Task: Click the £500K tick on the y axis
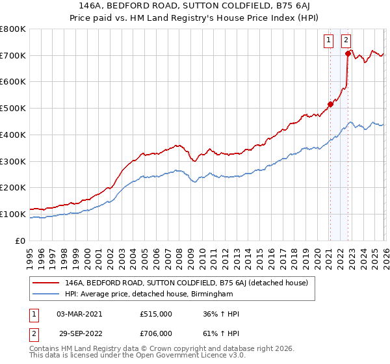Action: point(13,108)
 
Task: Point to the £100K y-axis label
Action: point(13,214)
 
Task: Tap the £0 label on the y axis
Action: point(19,240)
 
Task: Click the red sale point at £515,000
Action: point(330,103)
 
